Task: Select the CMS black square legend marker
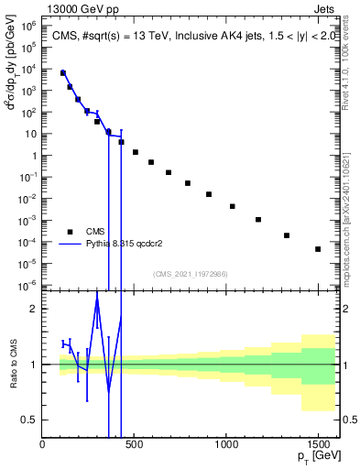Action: point(70,231)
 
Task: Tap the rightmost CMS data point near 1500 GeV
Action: point(318,249)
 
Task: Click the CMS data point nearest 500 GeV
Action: point(136,152)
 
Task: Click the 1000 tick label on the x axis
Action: point(226,445)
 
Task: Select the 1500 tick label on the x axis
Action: point(318,445)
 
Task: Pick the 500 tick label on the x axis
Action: point(135,445)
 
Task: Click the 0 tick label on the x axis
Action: point(43,445)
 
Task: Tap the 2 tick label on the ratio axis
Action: point(33,310)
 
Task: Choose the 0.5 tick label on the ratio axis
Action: point(29,420)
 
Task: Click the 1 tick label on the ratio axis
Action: point(33,365)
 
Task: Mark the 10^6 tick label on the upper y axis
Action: point(27,27)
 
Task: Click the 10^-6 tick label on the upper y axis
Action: point(27,284)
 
